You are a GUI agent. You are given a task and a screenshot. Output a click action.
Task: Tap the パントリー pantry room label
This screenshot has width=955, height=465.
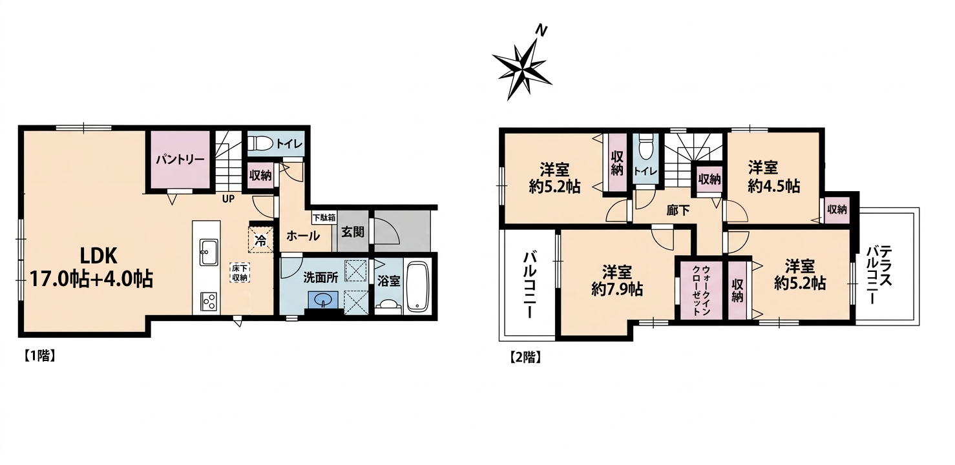coord(180,160)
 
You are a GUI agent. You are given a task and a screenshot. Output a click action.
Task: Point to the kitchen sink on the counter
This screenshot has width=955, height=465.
coord(207,252)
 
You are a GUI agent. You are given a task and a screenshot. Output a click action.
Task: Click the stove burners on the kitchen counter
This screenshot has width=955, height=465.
coord(207,302)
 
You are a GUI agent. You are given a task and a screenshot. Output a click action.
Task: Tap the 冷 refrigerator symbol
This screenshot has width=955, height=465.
coord(260,240)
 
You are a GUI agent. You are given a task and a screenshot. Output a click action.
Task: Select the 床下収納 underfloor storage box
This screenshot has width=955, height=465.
coord(240,273)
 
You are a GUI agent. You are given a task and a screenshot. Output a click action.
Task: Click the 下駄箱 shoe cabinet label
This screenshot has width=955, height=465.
coord(324,218)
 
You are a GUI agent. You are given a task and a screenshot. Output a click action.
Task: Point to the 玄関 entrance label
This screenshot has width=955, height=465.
coord(353,232)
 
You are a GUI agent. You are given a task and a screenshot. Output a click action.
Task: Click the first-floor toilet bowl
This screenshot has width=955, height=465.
coord(260,143)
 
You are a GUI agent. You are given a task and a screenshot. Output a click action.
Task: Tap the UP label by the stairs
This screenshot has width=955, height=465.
coord(228,199)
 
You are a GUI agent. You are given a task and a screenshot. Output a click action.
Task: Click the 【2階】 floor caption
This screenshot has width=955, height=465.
coord(525,356)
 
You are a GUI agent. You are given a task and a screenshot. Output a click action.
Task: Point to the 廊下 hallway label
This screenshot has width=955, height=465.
coord(678,211)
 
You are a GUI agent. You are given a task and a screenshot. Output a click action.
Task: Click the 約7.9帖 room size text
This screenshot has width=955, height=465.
coord(617,290)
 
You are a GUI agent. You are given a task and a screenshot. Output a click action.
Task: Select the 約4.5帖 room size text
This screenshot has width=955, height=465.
coord(774,186)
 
